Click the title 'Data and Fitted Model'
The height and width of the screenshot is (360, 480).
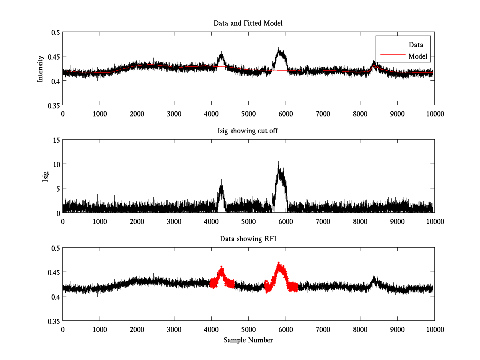pos(248,23)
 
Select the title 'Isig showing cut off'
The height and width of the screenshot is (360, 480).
pos(248,131)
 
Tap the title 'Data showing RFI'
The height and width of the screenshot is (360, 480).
pos(248,239)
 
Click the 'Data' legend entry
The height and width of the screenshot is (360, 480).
pos(416,45)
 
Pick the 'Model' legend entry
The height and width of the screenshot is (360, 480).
pos(418,56)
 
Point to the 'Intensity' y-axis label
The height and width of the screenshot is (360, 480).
pos(40,68)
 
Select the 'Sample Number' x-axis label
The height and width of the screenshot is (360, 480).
pos(248,340)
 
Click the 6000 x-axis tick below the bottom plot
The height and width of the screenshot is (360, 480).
pos(286,329)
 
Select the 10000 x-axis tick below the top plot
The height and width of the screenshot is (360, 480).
pos(434,114)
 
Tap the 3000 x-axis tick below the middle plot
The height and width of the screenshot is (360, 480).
pos(174,221)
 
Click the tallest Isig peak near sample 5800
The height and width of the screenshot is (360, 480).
pos(278,163)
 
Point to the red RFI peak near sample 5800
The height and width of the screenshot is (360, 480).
pos(279,264)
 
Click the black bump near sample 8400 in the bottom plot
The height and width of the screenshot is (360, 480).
pos(374,278)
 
